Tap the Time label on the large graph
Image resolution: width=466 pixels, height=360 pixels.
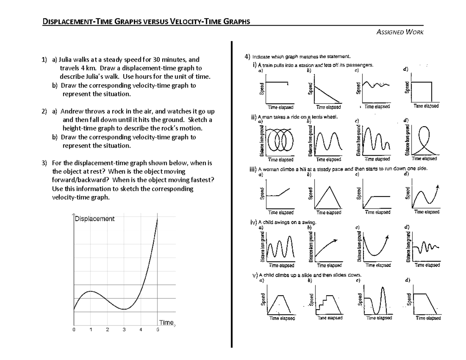click(166, 322)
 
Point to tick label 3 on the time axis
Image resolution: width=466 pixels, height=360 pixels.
click(124, 330)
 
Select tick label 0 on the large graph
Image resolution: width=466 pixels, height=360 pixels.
click(73, 330)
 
